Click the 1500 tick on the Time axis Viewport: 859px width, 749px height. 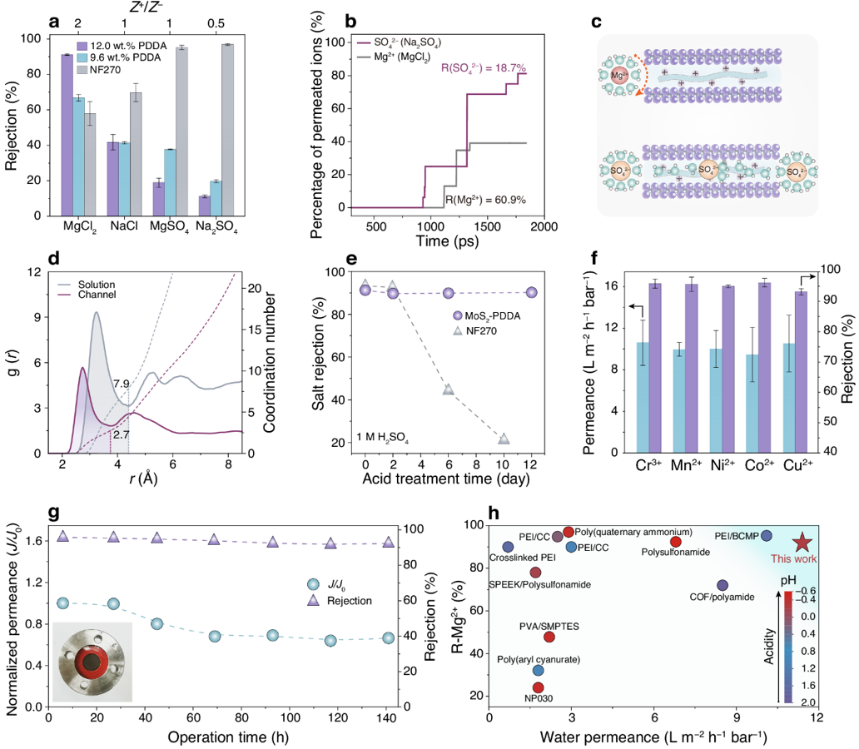(x=487, y=227)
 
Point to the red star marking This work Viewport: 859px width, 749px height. (x=802, y=543)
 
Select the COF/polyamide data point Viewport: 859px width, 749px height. (x=722, y=586)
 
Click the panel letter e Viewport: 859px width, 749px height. (x=318, y=260)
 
